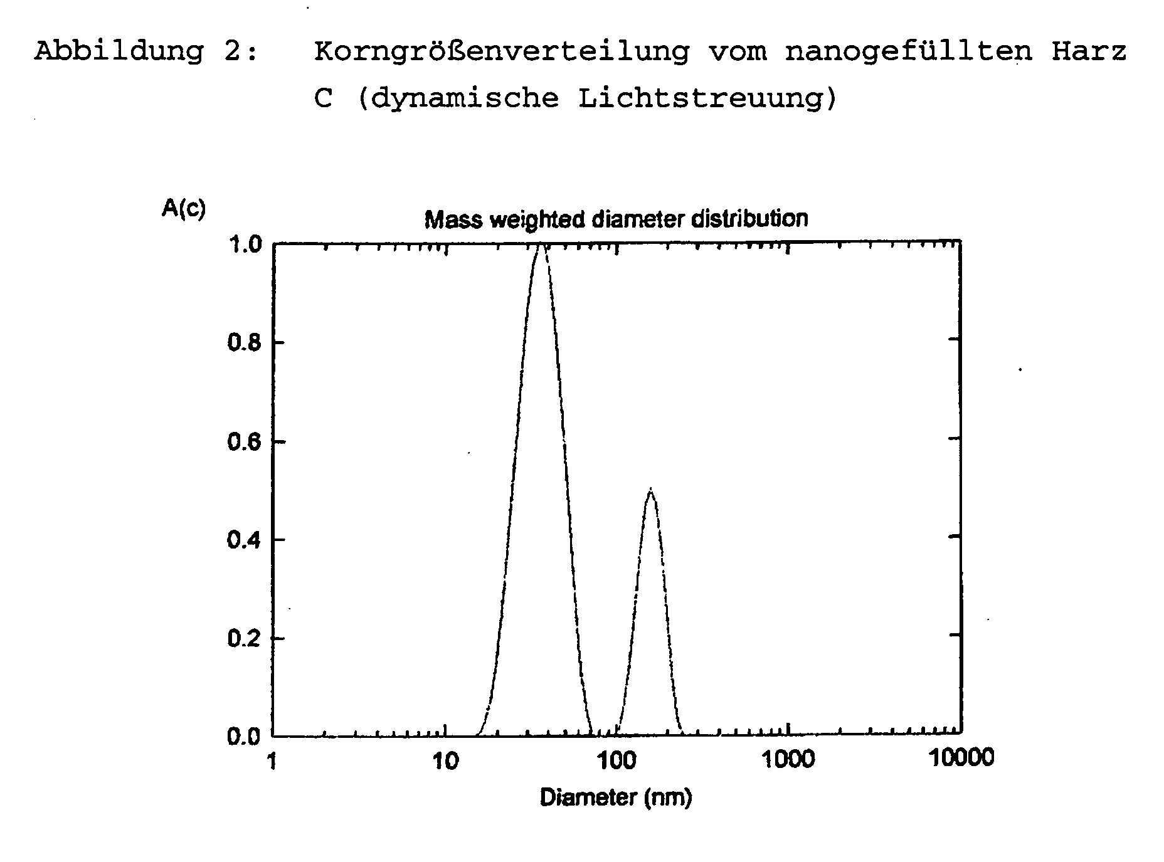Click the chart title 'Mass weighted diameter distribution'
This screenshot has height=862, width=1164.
pyautogui.click(x=616, y=219)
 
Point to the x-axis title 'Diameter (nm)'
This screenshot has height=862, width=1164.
pyautogui.click(x=615, y=797)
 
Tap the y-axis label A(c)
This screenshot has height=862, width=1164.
pyautogui.click(x=183, y=208)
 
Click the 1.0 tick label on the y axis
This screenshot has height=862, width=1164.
pyautogui.click(x=245, y=244)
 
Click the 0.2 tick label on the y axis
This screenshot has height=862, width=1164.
pyautogui.click(x=245, y=638)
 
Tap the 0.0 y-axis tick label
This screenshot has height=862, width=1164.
pyautogui.click(x=245, y=736)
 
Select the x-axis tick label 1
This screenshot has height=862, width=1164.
pyautogui.click(x=272, y=762)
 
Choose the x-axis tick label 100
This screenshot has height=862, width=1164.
pyautogui.click(x=616, y=762)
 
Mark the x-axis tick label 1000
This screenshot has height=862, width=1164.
pyautogui.click(x=788, y=760)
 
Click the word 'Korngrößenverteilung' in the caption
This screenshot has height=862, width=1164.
pyautogui.click(x=501, y=51)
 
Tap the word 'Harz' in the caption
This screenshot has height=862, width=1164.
pyautogui.click(x=1089, y=51)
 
